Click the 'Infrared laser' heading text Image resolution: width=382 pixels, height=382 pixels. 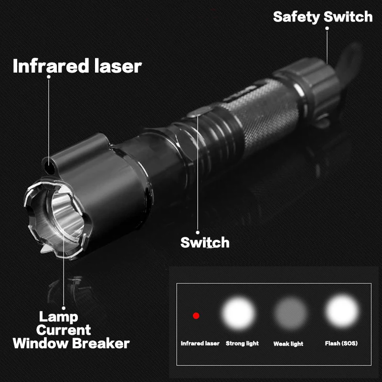77,66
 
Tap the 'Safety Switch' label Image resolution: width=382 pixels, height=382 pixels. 323,17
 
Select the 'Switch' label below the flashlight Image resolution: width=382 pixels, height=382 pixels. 205,242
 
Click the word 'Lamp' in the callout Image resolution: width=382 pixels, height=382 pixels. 58,316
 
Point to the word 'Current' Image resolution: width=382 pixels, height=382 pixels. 64,329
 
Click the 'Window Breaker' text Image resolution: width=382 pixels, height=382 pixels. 71,343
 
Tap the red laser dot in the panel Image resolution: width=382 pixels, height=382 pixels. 196,316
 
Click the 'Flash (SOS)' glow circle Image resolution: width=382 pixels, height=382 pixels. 341,313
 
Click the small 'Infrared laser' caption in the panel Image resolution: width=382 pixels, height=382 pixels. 200,343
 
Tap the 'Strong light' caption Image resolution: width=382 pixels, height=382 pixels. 242,343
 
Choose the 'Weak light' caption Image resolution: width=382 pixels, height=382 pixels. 288,344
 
